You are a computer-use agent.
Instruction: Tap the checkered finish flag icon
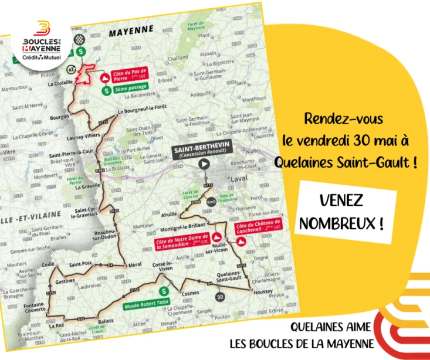point(83,39)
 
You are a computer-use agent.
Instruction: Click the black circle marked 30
point(219,297)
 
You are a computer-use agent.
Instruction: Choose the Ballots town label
point(104,321)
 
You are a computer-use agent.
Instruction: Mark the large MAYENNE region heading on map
point(131,29)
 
